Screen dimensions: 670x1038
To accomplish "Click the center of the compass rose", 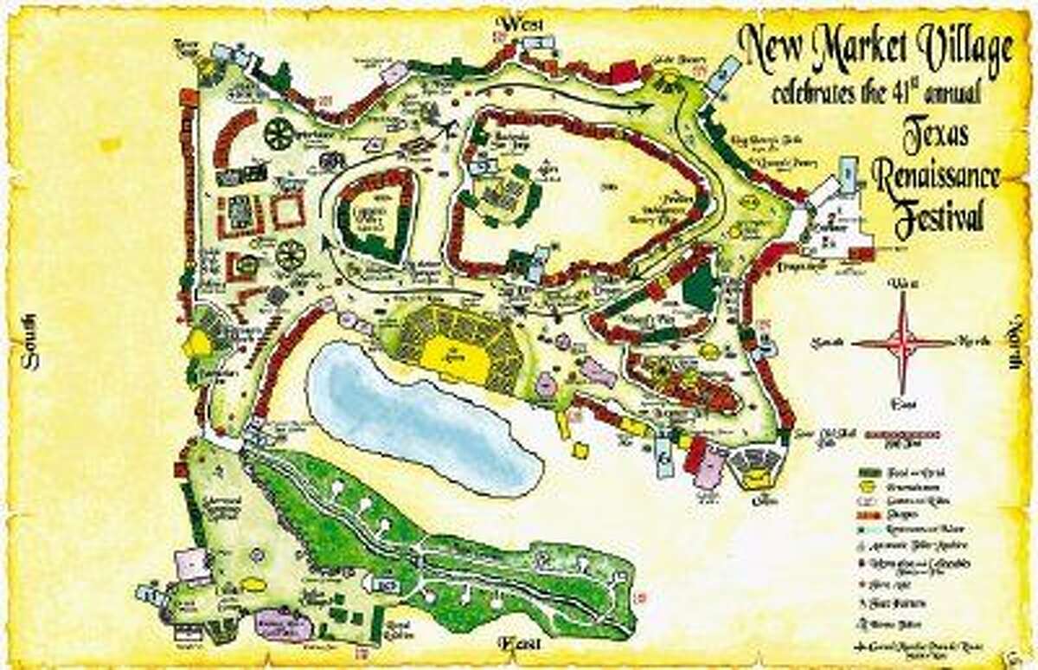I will pos(903,344).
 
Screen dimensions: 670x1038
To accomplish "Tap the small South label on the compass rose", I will pos(828,344).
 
